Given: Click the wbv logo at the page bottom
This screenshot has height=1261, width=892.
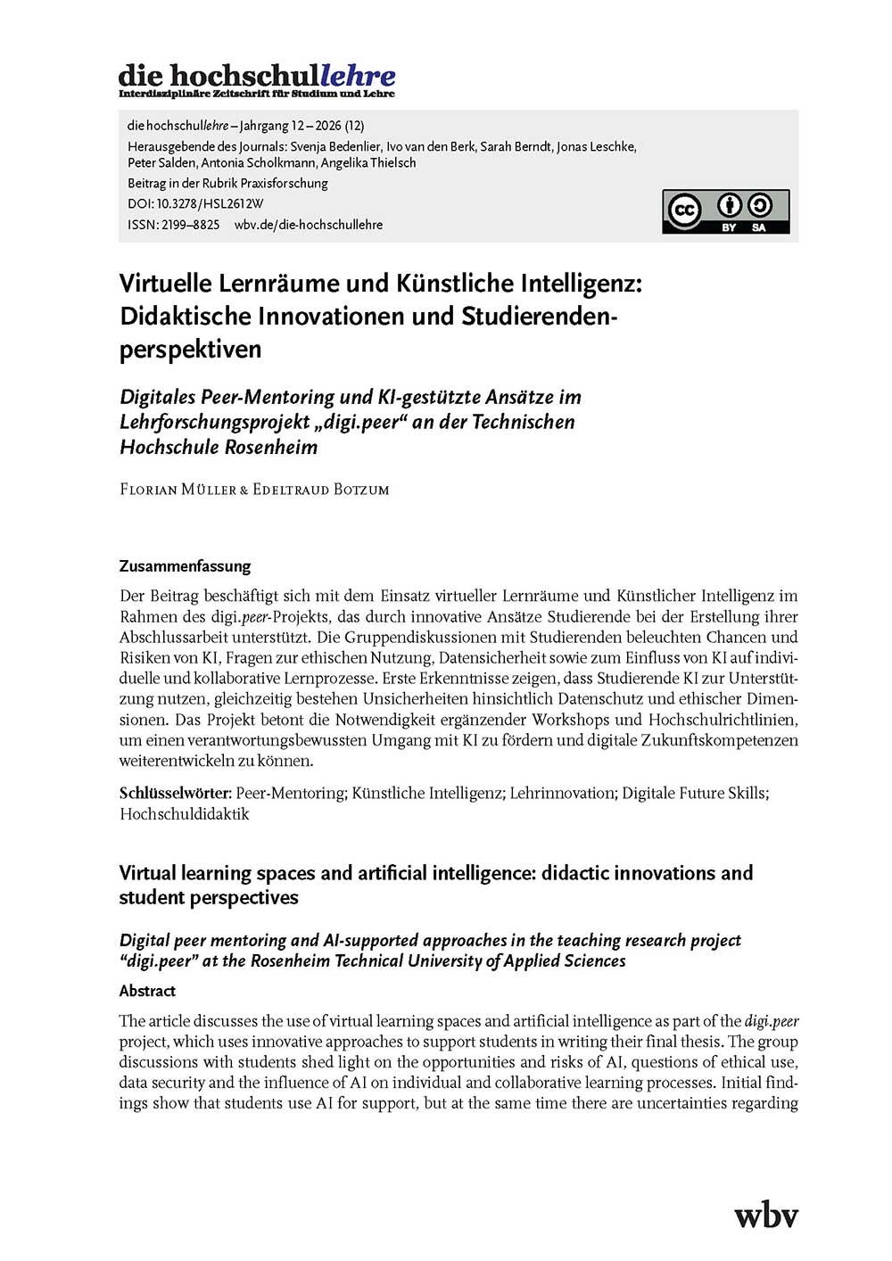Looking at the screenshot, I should click(765, 1215).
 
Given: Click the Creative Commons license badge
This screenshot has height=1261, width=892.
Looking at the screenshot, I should click(725, 211).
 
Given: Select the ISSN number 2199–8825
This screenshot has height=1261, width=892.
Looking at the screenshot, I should click(190, 225).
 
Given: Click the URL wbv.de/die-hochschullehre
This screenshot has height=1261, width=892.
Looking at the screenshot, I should click(308, 225).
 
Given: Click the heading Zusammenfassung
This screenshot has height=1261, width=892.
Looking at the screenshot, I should click(185, 566).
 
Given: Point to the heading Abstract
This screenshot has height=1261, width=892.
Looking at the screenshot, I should click(147, 991).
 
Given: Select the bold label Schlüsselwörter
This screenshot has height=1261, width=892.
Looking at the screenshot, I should click(175, 793).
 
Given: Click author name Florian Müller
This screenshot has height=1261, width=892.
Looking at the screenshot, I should click(178, 490).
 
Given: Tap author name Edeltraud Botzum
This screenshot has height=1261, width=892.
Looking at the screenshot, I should click(321, 490).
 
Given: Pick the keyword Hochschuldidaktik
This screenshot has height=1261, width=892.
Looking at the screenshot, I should click(185, 813).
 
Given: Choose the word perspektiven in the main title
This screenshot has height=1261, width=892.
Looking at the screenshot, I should click(190, 349).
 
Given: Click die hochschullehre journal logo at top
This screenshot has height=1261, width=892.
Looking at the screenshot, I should click(257, 79).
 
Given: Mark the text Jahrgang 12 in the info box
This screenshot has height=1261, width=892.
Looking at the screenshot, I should click(271, 126).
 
